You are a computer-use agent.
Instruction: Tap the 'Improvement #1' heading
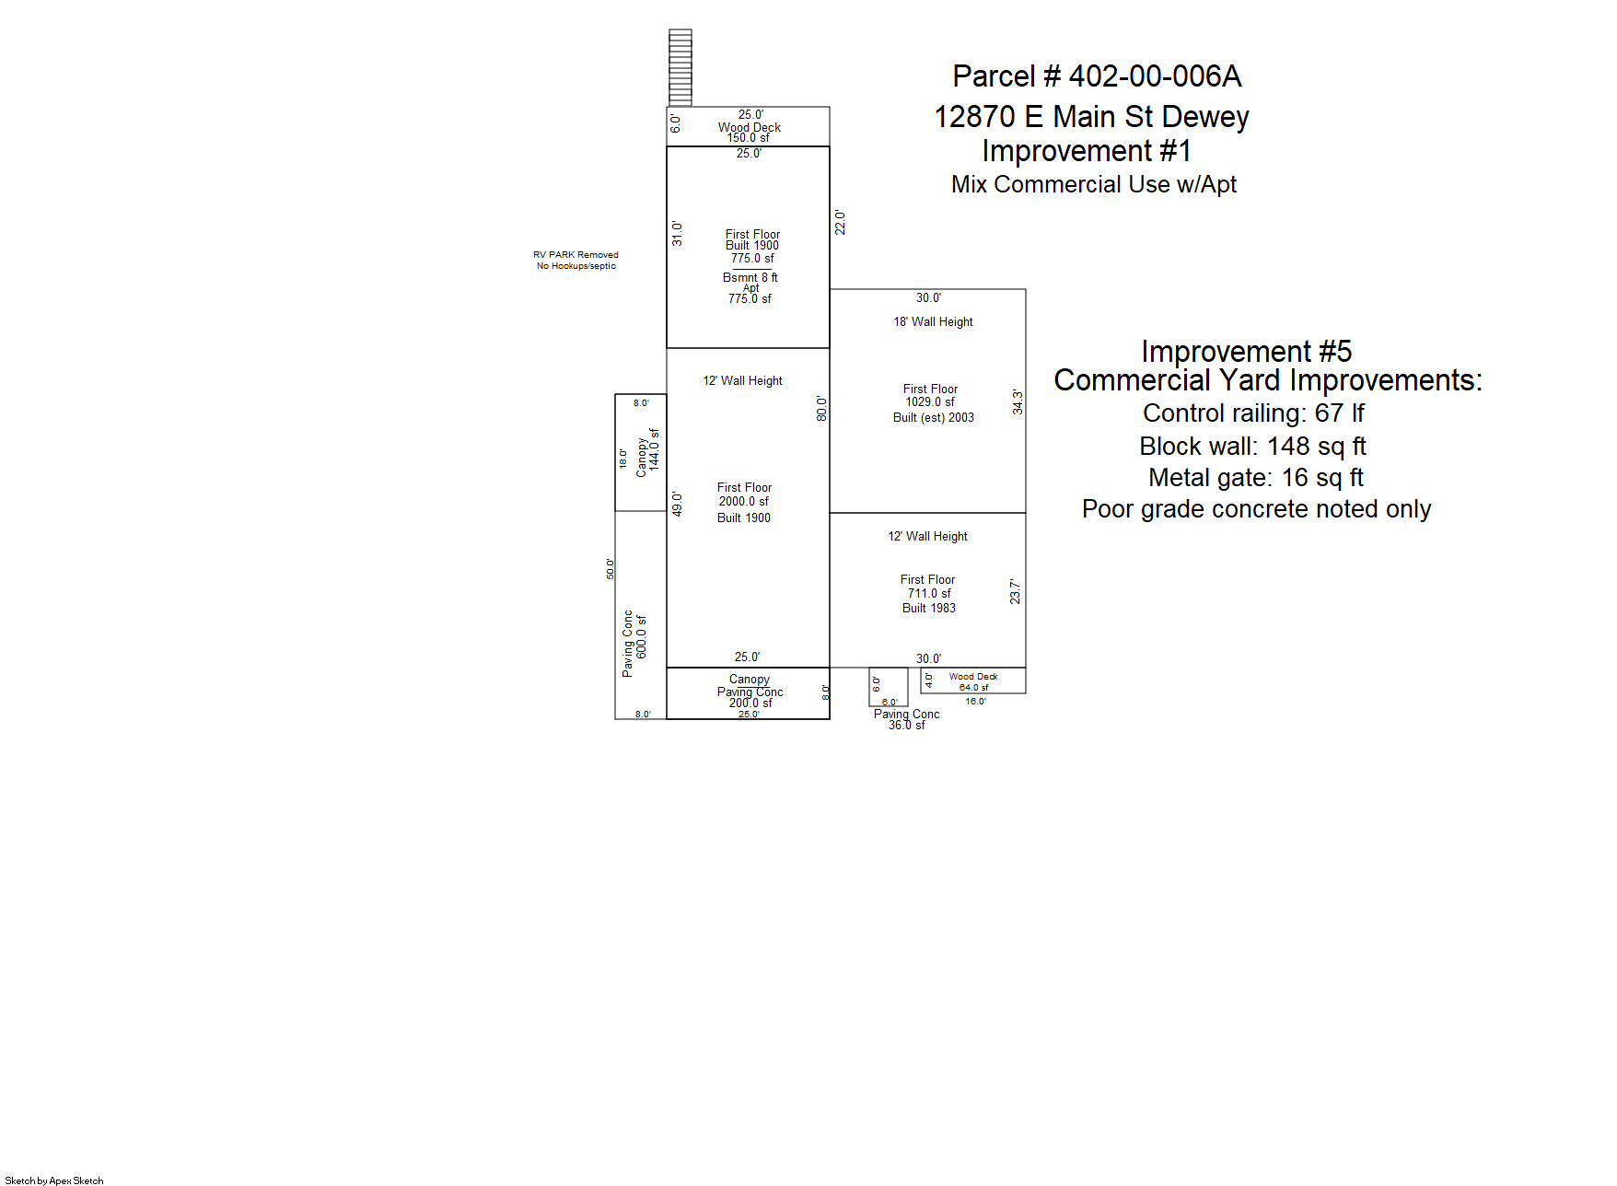tap(1087, 151)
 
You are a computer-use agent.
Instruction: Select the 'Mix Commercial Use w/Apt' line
tap(1094, 184)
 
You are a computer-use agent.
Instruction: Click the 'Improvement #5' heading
tap(1247, 351)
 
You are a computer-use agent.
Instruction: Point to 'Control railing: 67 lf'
tap(1253, 413)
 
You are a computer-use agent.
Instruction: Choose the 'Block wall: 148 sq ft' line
tap(1252, 447)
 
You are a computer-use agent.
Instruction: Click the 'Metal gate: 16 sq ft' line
tap(1256, 478)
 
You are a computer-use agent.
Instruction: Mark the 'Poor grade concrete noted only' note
tap(1256, 509)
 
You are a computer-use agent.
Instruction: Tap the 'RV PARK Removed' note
tap(576, 255)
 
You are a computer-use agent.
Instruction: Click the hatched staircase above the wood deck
tap(680, 68)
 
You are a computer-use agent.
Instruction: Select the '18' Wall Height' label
tap(933, 321)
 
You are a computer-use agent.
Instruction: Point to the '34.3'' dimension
tap(1018, 401)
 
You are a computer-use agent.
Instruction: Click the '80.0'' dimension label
tap(821, 409)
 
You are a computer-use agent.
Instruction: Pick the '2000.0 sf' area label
tap(744, 502)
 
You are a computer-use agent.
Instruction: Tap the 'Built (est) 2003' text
tap(933, 418)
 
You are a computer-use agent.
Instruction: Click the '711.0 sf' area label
tap(929, 594)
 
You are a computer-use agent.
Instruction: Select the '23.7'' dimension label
tap(1015, 591)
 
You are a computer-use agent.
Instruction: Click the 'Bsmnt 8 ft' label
tap(750, 277)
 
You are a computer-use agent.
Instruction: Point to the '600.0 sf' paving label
tap(642, 637)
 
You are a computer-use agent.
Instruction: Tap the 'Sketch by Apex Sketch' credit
tap(54, 1180)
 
